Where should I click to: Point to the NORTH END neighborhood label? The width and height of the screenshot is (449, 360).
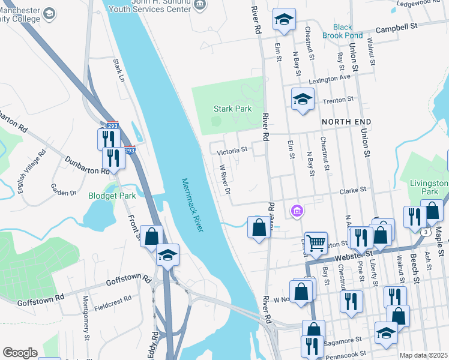tap(346, 122)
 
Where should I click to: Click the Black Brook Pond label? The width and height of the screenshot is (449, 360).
tap(343, 31)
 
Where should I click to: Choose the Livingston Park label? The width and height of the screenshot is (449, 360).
tap(428, 187)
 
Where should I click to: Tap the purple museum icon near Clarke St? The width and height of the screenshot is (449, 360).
tap(297, 211)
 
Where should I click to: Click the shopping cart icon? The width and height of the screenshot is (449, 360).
tap(316, 242)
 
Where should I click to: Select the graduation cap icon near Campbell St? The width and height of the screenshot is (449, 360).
tap(283, 19)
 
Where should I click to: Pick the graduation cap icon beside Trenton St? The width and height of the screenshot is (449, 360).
tap(303, 98)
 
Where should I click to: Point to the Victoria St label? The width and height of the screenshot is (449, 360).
tap(232, 150)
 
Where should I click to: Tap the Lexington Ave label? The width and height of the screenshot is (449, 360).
tap(329, 79)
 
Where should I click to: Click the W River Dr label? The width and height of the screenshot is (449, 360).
tap(225, 179)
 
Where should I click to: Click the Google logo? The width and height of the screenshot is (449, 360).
tap(20, 352)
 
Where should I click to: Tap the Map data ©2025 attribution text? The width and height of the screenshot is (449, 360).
tap(423, 355)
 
